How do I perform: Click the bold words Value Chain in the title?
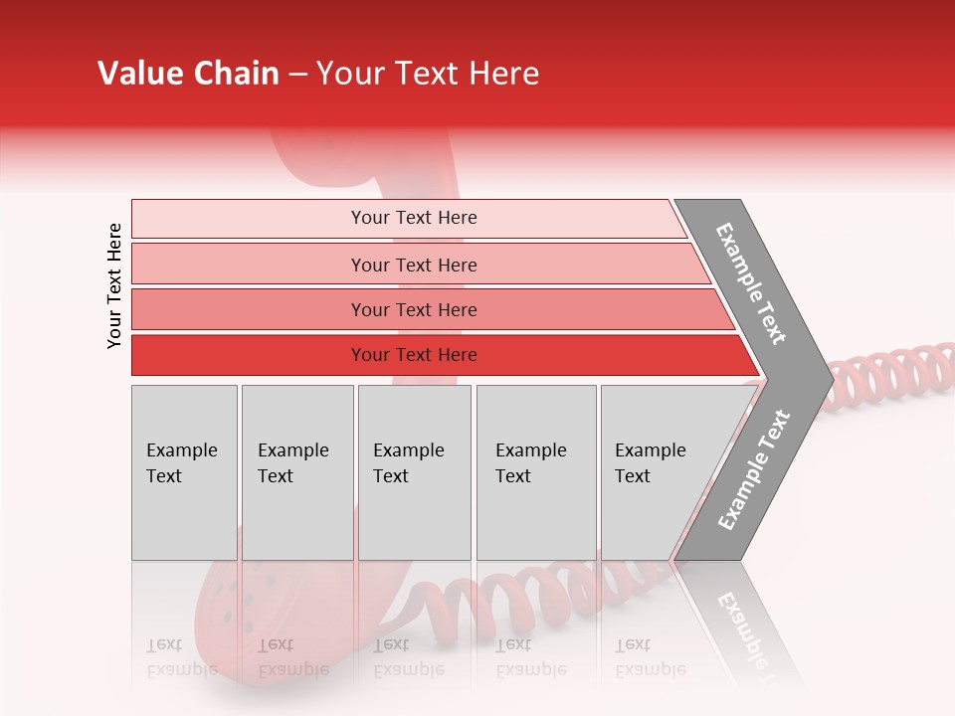(188, 74)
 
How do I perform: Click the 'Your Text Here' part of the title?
(428, 74)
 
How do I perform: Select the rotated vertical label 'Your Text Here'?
(114, 285)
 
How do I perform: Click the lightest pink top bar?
(413, 218)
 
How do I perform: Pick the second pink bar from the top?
(413, 265)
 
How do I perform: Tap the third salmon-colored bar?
(413, 309)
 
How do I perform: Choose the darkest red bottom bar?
(413, 355)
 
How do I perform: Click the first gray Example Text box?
(184, 472)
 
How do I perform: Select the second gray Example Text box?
(296, 472)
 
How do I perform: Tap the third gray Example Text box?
(414, 472)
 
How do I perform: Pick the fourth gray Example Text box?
(535, 472)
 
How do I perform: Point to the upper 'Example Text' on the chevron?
(751, 283)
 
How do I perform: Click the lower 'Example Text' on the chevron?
(754, 470)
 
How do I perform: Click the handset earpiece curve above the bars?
(308, 159)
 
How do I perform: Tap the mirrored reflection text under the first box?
(184, 656)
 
